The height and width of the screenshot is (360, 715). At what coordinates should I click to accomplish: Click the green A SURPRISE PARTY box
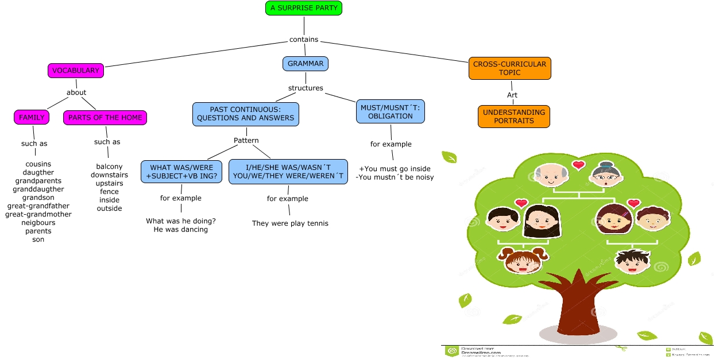(304, 8)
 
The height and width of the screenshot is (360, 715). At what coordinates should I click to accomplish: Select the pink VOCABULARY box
(76, 71)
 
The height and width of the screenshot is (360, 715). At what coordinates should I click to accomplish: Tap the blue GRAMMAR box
(305, 64)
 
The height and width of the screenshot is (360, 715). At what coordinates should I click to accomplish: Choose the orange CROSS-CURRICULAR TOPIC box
(509, 68)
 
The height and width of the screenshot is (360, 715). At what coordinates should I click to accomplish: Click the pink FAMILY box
(32, 118)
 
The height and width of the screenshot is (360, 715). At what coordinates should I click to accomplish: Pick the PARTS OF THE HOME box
(105, 118)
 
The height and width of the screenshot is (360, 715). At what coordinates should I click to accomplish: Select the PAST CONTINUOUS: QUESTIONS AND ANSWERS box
(245, 114)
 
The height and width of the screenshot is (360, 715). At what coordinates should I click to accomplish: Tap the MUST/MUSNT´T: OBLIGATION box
(391, 112)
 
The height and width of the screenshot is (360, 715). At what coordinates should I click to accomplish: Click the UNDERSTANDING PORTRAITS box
(513, 117)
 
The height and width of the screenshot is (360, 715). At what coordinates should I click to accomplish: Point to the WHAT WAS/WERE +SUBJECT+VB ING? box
(181, 172)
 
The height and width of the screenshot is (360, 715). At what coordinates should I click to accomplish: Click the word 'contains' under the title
(304, 40)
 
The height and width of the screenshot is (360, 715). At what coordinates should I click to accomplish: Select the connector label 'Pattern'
(246, 141)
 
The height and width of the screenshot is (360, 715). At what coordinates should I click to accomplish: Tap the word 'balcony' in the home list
(109, 167)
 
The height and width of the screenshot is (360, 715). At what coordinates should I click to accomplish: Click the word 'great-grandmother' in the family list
(38, 215)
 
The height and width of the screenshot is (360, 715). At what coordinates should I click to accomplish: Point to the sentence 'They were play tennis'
(290, 223)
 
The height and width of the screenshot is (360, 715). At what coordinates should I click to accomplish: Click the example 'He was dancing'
(181, 230)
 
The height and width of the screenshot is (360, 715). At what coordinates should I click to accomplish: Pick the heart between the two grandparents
(578, 165)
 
